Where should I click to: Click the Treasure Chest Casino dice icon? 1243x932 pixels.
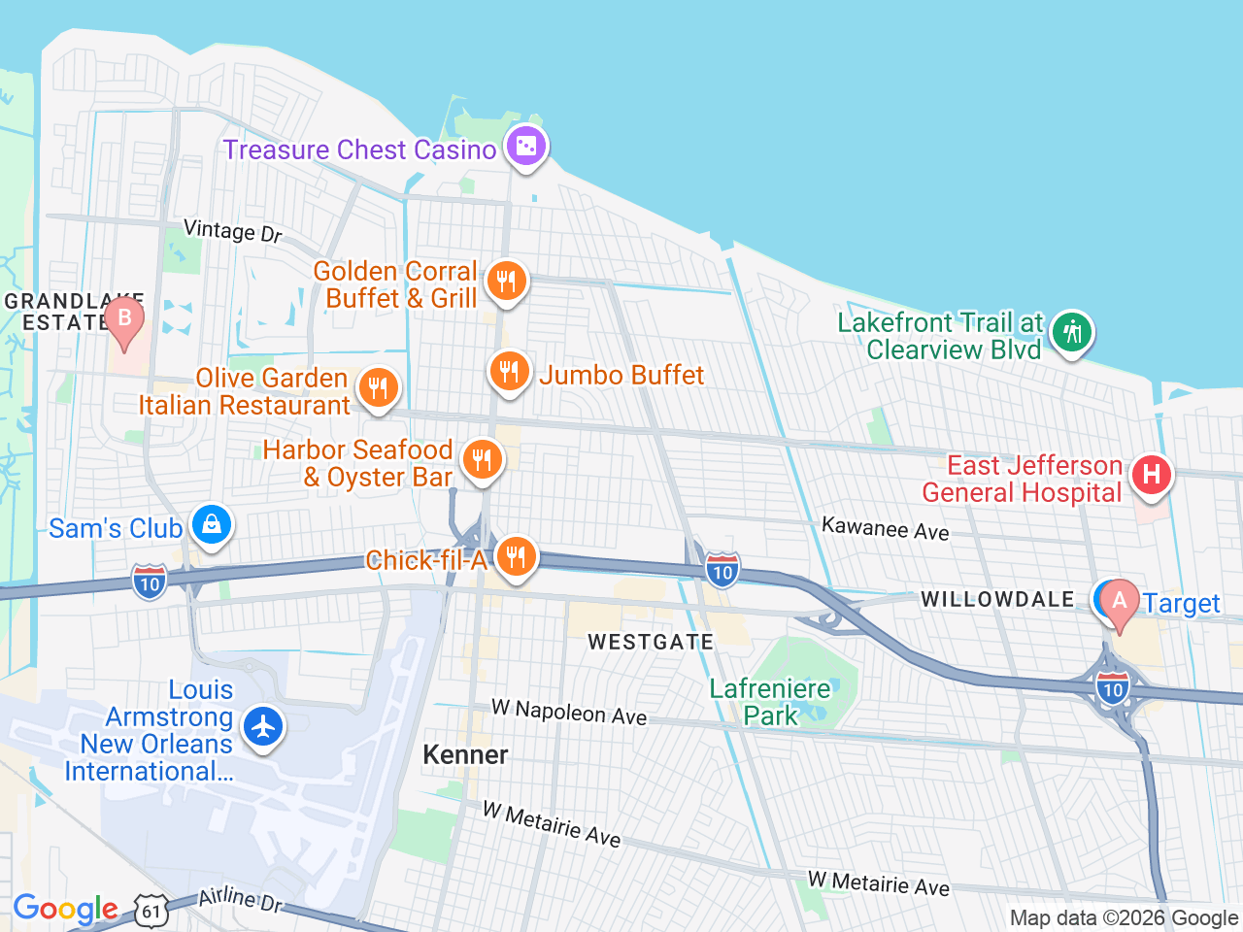pyautogui.click(x=525, y=147)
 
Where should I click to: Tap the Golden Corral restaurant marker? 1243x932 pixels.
pyautogui.click(x=506, y=282)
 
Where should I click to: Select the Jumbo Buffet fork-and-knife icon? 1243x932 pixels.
pyautogui.click(x=508, y=372)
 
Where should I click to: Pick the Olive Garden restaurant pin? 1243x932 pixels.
pyautogui.click(x=378, y=387)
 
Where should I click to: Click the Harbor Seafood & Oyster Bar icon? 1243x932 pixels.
pyautogui.click(x=481, y=460)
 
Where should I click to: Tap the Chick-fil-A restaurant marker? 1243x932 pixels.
pyautogui.click(x=516, y=557)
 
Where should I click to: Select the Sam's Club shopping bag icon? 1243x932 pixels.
pyautogui.click(x=211, y=525)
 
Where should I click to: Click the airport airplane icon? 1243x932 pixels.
pyautogui.click(x=262, y=726)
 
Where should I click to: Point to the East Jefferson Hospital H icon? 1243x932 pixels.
pyautogui.click(x=1151, y=475)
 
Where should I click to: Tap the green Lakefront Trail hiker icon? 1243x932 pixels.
pyautogui.click(x=1071, y=332)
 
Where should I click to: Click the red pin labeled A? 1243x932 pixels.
pyautogui.click(x=1119, y=603)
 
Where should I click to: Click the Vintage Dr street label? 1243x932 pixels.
pyautogui.click(x=233, y=231)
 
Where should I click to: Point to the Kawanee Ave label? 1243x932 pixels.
pyautogui.click(x=885, y=528)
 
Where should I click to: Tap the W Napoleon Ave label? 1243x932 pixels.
pyautogui.click(x=569, y=712)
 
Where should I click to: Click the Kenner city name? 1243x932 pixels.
pyautogui.click(x=465, y=754)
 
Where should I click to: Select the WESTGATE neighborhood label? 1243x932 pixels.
pyautogui.click(x=651, y=642)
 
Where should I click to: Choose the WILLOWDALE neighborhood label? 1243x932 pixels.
pyautogui.click(x=997, y=599)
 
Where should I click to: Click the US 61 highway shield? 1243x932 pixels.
pyautogui.click(x=151, y=911)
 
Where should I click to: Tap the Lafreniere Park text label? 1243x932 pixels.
pyautogui.click(x=770, y=702)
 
